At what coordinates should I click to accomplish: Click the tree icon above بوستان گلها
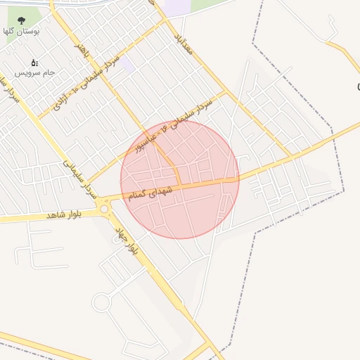tap(20, 20)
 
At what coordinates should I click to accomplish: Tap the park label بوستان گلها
tap(21, 32)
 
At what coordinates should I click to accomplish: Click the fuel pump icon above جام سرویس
tap(34, 63)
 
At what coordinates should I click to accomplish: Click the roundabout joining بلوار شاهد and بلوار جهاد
tap(105, 208)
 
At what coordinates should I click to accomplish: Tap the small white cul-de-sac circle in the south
tap(101, 303)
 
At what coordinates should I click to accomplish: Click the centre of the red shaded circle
tap(179, 179)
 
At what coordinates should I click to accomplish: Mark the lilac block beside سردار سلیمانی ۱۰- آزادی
tap(127, 65)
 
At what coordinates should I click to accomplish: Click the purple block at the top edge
tap(177, 8)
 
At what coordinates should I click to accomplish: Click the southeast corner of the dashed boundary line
tap(343, 191)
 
